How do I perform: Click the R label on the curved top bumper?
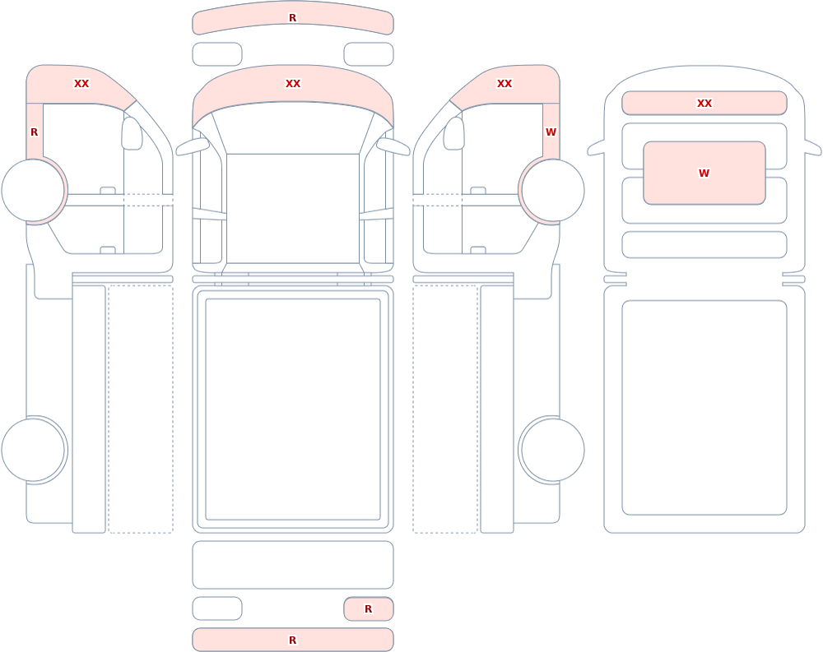[292, 18]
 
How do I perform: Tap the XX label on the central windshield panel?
[293, 83]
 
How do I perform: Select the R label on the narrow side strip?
[34, 132]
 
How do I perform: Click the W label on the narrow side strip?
[551, 132]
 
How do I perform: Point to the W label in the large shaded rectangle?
[704, 173]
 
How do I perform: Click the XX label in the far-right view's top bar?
[704, 104]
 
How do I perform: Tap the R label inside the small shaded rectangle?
[368, 609]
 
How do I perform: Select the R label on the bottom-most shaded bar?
[292, 640]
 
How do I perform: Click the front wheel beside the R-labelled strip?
[33, 191]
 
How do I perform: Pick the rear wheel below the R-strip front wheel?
[33, 450]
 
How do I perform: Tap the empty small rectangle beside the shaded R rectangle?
[217, 608]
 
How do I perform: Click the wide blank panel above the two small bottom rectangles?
[293, 564]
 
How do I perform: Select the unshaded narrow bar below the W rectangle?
[704, 244]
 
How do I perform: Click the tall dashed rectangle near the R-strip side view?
[141, 409]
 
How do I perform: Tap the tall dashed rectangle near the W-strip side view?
[445, 409]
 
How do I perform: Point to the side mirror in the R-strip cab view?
[132, 133]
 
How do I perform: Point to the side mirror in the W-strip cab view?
[454, 133]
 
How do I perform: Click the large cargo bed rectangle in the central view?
[293, 409]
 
